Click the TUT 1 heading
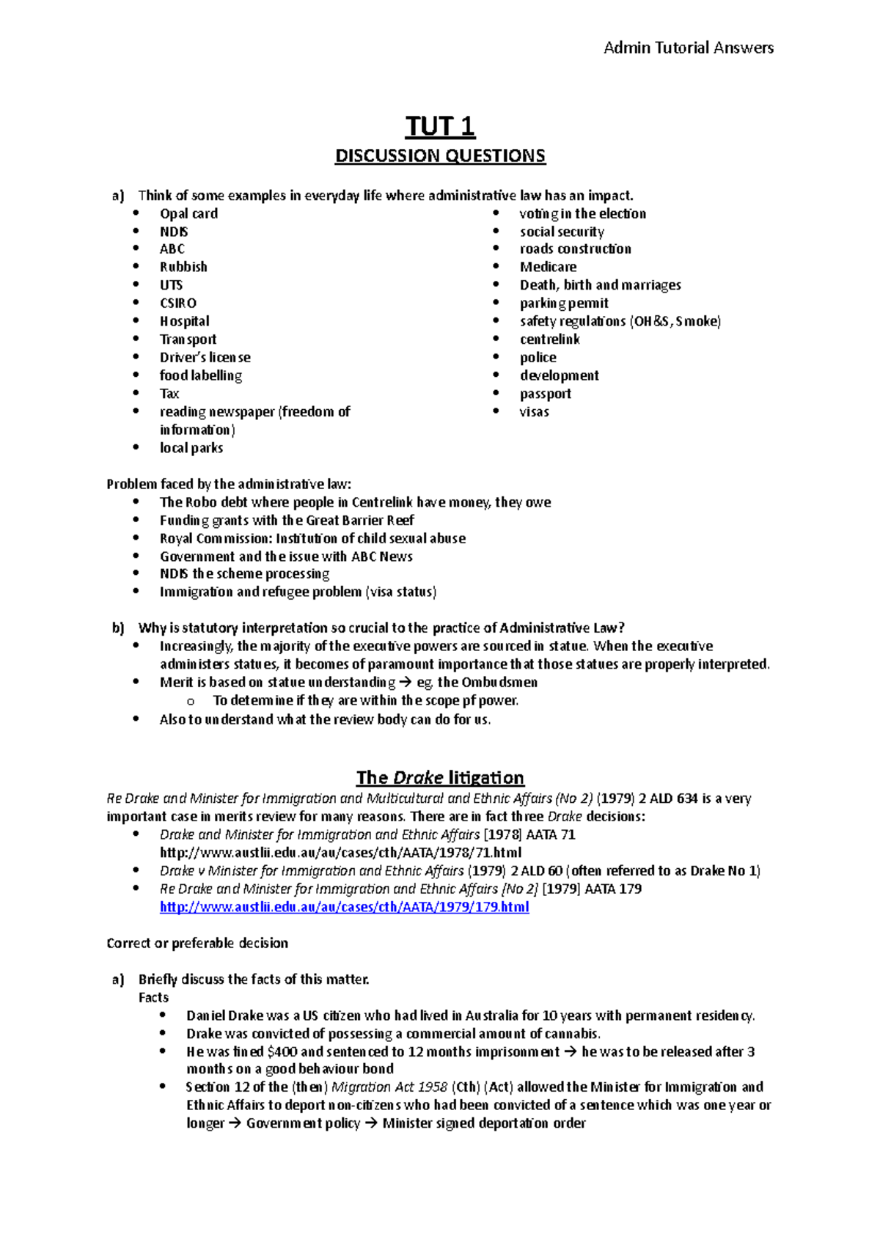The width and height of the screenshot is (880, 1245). point(440,127)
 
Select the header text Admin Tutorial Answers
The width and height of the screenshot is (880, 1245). point(688,48)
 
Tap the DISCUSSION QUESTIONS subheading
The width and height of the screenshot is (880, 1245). point(440,156)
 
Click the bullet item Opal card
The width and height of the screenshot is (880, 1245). point(188,214)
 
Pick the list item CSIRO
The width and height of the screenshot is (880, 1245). point(178,304)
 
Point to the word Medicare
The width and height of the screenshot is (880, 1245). point(548,268)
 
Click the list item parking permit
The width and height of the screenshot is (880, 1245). point(564,304)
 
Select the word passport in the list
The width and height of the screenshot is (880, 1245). point(546,394)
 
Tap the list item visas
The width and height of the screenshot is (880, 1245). point(534,412)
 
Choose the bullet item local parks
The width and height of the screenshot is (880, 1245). point(191,448)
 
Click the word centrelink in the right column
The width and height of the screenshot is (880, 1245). point(550,339)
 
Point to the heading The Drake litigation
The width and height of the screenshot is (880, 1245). point(440,777)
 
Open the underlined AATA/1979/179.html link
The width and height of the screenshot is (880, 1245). point(344,907)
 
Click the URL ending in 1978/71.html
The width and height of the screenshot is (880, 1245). point(340,853)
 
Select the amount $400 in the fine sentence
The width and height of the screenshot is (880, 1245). point(282,1051)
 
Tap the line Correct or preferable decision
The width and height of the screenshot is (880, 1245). point(197,943)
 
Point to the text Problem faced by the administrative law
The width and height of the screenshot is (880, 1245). point(229,484)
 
